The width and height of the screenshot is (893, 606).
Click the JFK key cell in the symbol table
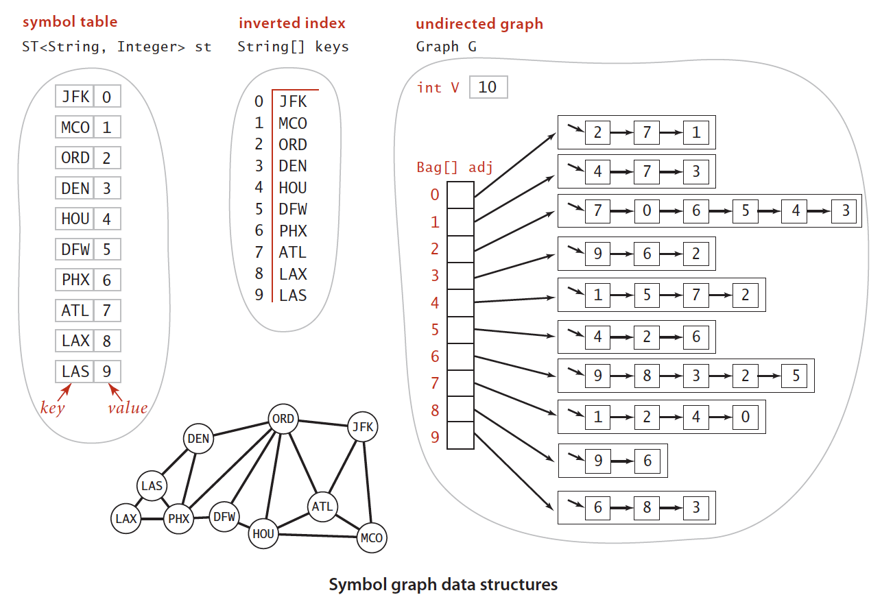point(75,97)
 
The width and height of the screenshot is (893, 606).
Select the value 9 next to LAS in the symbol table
point(107,372)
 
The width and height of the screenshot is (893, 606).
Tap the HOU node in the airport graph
point(263,533)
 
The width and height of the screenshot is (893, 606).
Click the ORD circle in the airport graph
point(283,419)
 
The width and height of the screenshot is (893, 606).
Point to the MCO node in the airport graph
point(372,538)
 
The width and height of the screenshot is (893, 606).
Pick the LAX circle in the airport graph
point(126,518)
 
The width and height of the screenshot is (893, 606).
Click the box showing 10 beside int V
point(488,87)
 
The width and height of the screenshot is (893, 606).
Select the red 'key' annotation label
point(52,408)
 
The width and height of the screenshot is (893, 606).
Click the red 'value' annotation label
point(128,408)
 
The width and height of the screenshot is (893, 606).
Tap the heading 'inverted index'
point(291,23)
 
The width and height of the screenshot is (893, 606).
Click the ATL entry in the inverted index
point(293,252)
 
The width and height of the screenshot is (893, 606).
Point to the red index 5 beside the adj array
point(435,330)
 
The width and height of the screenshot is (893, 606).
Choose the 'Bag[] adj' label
point(455,167)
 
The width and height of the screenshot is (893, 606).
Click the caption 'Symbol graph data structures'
point(443,585)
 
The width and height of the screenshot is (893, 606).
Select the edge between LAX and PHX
point(152,519)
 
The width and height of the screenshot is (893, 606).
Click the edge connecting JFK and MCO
point(367,483)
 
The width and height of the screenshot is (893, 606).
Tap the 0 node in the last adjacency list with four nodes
point(745,417)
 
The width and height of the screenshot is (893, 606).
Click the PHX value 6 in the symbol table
point(107,280)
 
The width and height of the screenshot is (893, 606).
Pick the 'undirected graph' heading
point(479,24)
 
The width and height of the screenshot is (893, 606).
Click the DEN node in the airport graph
point(198,439)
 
